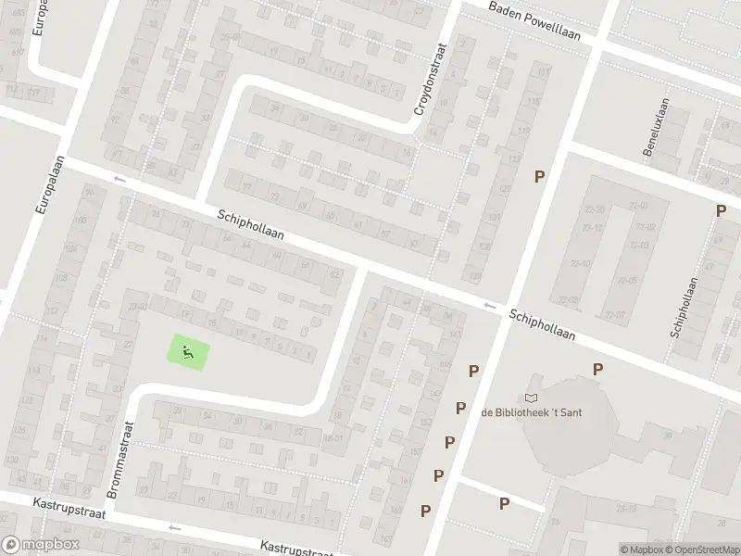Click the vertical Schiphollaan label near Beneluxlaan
(684, 307)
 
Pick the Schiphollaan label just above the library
(555, 324)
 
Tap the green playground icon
(188, 352)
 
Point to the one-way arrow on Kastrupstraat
(173, 527)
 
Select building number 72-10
(581, 264)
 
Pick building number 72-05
(627, 281)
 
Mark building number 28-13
(625, 508)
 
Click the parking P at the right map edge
(721, 211)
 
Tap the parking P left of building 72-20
(539, 176)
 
